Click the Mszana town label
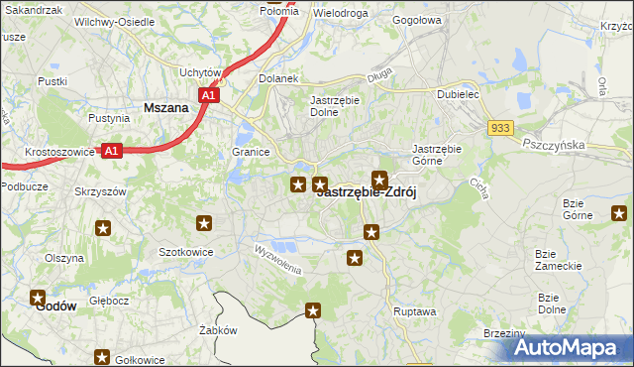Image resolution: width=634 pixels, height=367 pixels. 166,108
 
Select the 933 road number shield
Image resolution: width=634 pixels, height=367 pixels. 500,128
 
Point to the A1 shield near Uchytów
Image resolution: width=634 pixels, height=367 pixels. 207,95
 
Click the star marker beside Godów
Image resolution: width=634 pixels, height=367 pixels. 39,297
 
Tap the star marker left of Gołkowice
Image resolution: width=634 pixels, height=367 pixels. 102,357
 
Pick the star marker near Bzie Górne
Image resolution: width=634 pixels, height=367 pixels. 619,212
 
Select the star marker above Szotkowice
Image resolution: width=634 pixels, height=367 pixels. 205,223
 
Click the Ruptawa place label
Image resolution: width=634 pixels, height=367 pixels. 414,310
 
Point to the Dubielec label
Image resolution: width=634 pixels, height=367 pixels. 459,95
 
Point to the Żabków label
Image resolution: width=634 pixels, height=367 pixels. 217,330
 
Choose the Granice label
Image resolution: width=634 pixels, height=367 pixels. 252,153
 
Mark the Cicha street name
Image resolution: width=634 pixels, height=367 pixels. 480,186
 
